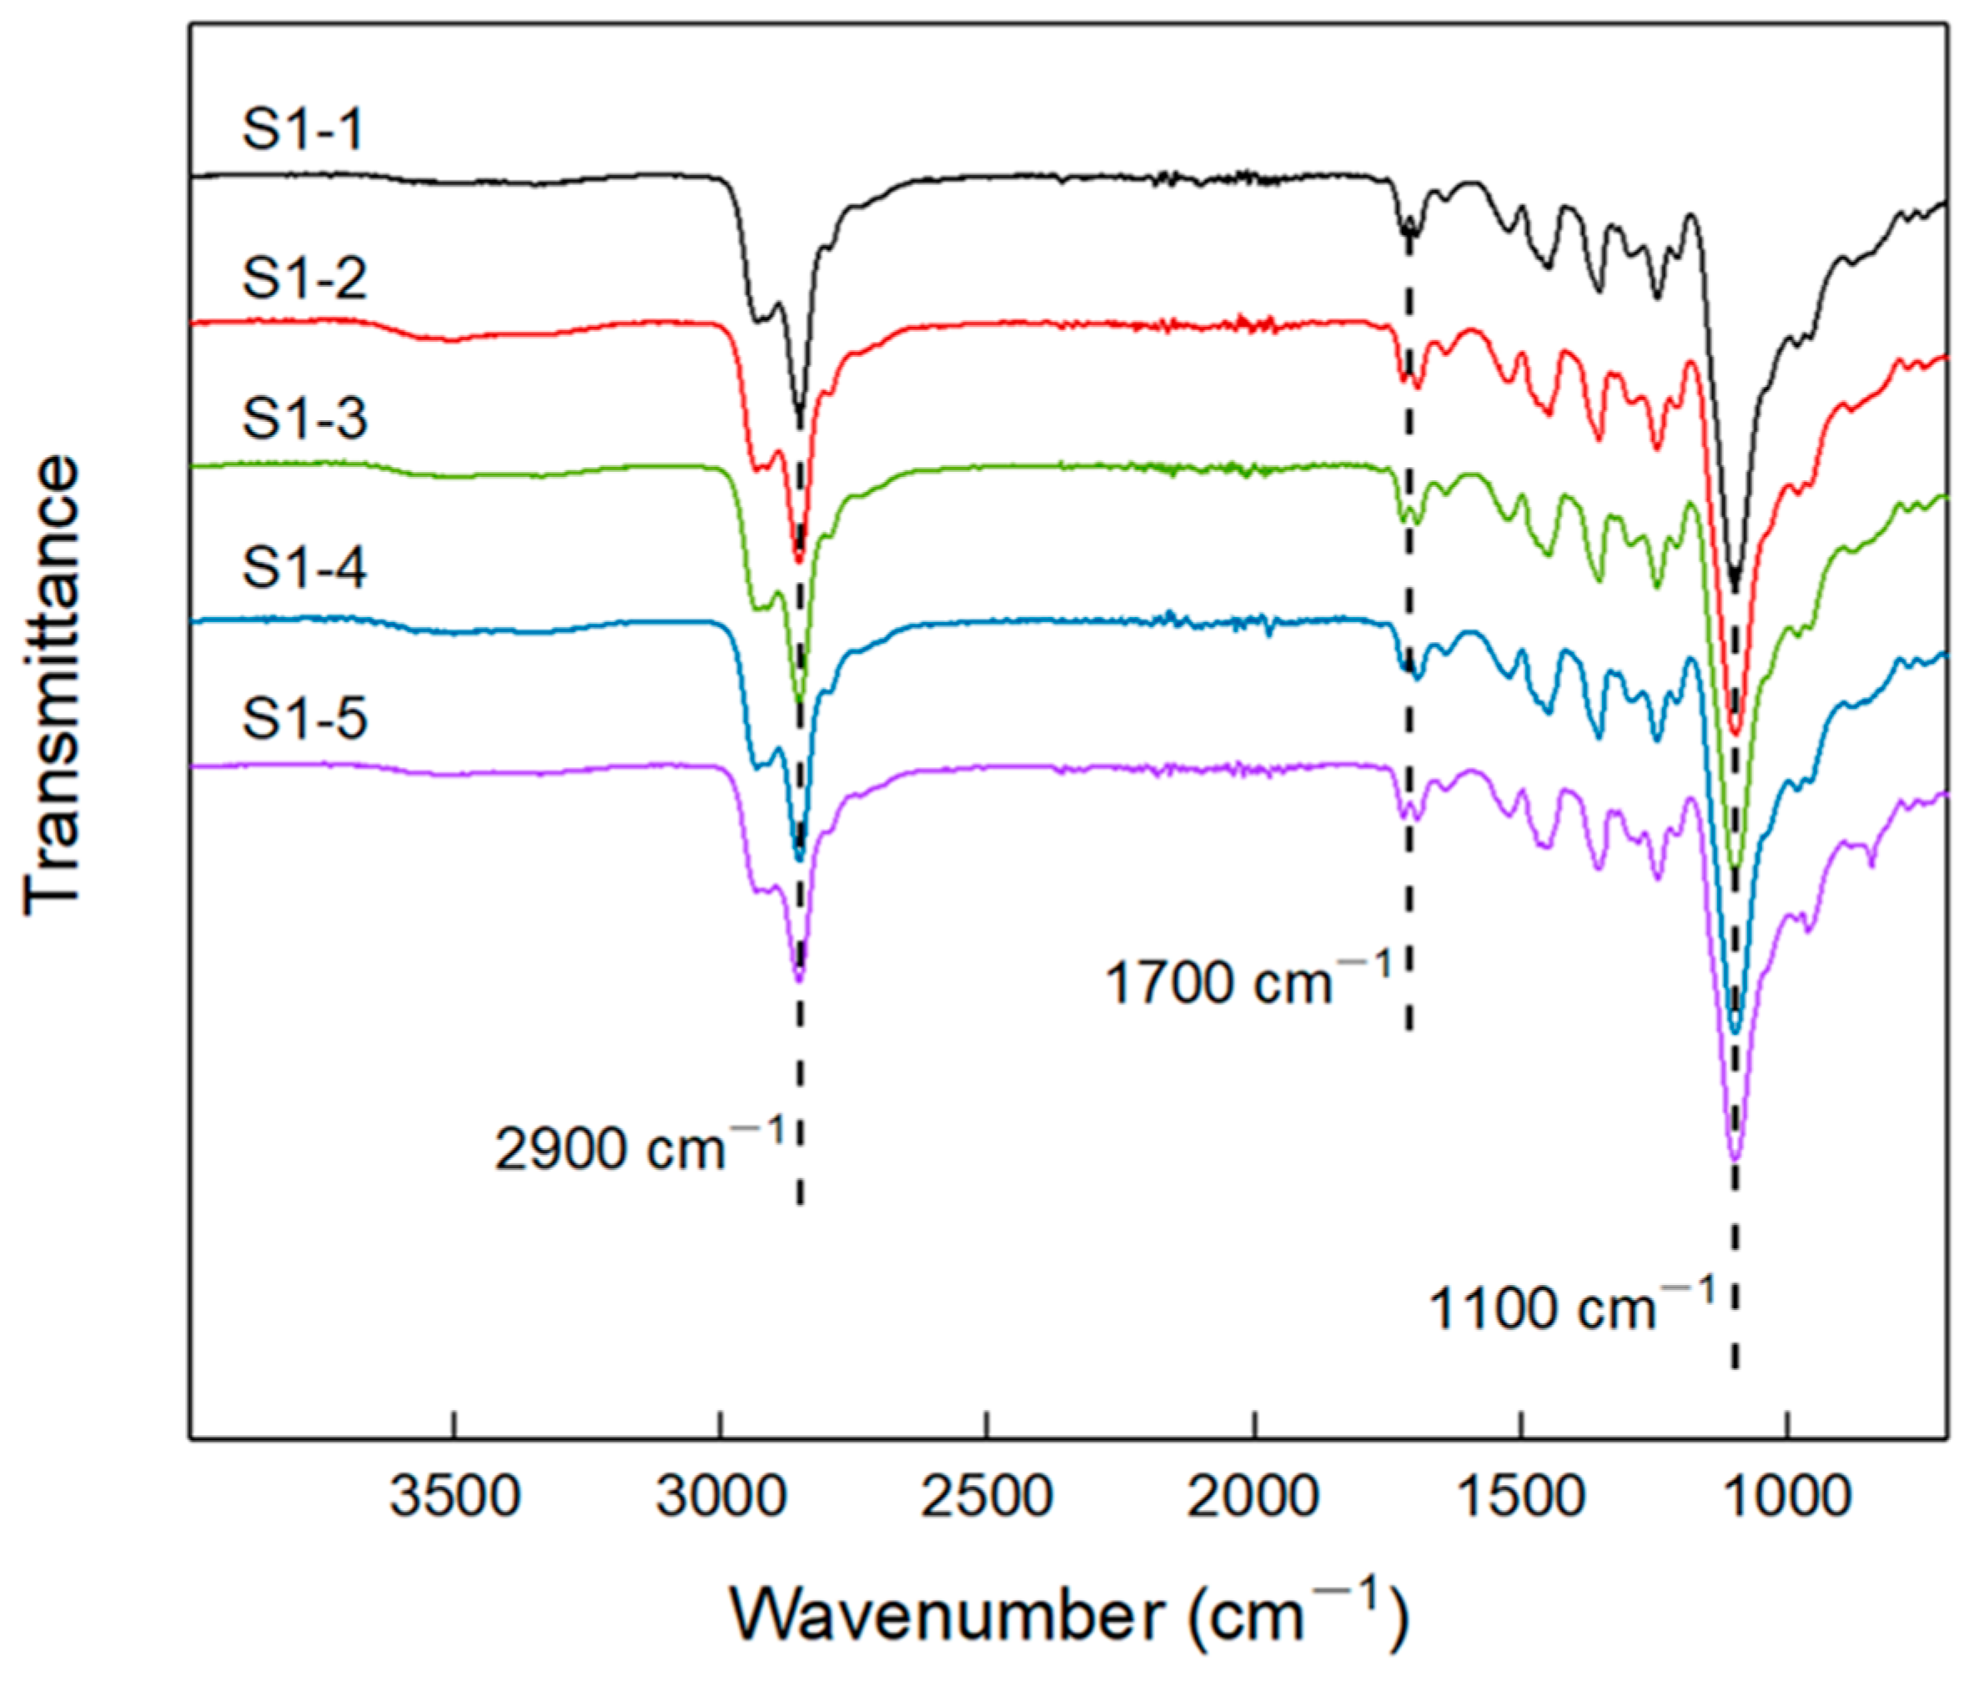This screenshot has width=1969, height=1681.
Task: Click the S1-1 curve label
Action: click(x=302, y=130)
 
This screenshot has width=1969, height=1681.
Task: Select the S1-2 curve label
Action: click(x=304, y=279)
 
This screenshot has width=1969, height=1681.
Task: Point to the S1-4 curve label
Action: click(x=304, y=568)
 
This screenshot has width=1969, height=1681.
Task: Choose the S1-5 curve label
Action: click(x=304, y=717)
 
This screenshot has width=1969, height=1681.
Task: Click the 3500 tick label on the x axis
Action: click(x=455, y=1497)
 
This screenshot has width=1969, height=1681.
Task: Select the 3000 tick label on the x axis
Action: click(x=721, y=1497)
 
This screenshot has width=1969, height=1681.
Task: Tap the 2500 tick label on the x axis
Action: click(x=987, y=1497)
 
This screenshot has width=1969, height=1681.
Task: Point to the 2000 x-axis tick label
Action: click(x=1254, y=1497)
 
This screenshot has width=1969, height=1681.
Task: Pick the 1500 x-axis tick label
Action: click(x=1521, y=1497)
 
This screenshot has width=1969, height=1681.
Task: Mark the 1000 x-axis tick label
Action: click(x=1787, y=1497)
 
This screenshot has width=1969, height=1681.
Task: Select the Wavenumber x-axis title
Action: click(x=1069, y=1613)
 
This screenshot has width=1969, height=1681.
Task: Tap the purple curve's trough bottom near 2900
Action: click(x=799, y=979)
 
